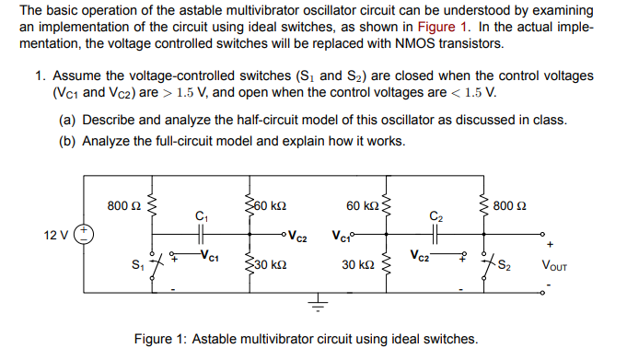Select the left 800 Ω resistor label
click(121, 203)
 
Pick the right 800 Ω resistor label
click(510, 203)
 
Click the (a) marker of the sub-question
click(67, 121)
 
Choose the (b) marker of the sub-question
click(67, 141)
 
